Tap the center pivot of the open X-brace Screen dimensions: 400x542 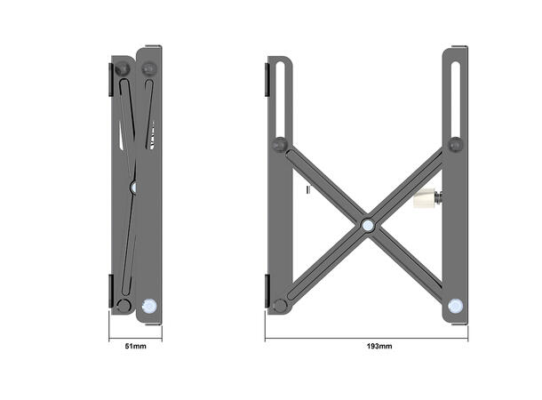[x=367, y=224]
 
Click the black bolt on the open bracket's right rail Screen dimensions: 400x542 [x=456, y=144]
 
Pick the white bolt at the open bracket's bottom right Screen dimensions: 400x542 [x=456, y=305]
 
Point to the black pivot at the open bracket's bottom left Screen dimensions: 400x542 [x=280, y=305]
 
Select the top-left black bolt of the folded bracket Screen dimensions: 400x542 [x=124, y=68]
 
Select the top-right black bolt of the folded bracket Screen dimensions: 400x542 [x=148, y=68]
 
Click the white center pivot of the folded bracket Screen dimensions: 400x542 [x=134, y=187]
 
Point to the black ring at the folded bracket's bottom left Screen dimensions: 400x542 [x=124, y=305]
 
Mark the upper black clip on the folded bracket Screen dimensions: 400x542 [x=110, y=78]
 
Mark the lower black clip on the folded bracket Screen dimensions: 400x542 [x=110, y=292]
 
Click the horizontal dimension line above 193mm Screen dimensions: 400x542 [x=367, y=338]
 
